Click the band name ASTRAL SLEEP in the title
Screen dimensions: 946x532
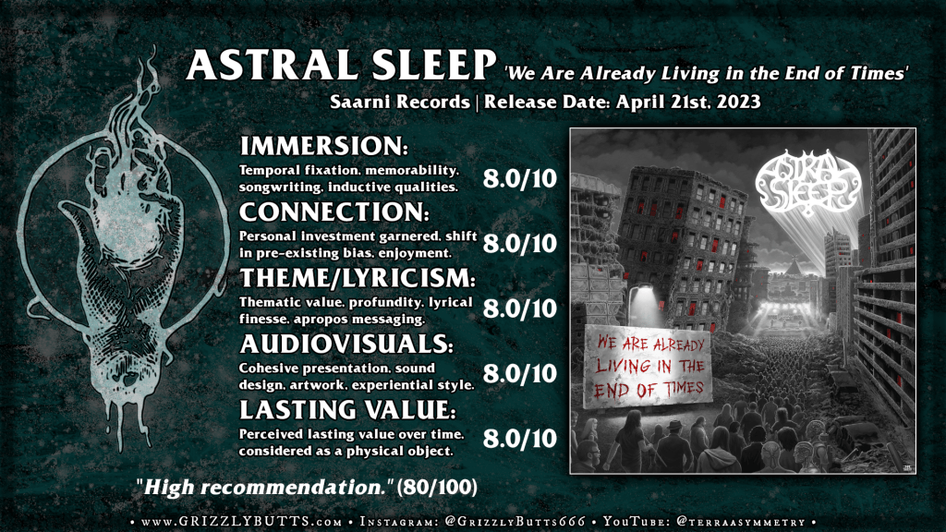pos(341,66)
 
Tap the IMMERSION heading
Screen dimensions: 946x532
pos(324,146)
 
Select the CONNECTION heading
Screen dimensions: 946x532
pos(334,212)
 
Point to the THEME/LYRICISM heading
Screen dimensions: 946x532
pos(358,278)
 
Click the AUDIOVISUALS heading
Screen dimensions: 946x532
pos(346,344)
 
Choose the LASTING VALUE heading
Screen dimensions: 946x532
pos(347,409)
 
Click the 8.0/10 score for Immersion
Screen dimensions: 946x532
pos(519,178)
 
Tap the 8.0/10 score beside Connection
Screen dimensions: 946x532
pos(519,243)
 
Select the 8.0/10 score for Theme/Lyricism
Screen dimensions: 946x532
pos(519,308)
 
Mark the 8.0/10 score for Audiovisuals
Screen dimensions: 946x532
pos(519,373)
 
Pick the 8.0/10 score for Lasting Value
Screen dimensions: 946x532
pos(519,439)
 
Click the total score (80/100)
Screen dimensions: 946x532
pos(437,487)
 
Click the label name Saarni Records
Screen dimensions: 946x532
pos(400,102)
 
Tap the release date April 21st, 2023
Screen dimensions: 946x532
pos(688,102)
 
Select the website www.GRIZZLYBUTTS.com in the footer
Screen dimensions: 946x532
pos(242,522)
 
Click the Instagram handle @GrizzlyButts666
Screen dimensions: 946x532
pos(515,522)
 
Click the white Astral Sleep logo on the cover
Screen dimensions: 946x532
pos(807,183)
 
